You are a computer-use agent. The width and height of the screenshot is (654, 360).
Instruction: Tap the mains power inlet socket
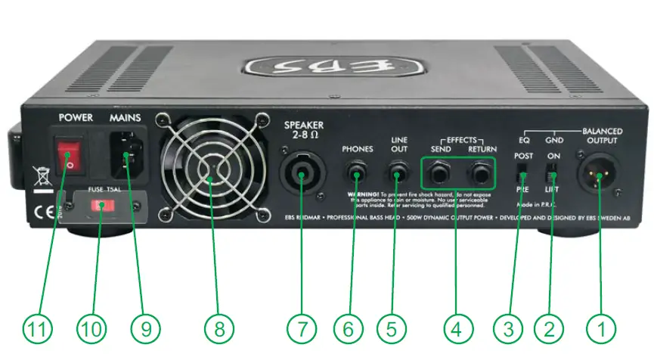[126, 156]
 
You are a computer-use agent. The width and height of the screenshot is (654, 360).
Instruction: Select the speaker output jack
[301, 179]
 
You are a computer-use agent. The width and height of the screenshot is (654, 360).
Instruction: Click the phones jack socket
[356, 176]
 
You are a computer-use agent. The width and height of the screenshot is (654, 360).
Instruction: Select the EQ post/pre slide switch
[521, 172]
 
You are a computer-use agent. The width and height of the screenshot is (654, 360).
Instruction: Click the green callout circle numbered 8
[219, 329]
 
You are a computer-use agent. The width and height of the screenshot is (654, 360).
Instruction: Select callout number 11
[36, 329]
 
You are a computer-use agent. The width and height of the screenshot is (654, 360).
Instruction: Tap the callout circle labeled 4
[458, 329]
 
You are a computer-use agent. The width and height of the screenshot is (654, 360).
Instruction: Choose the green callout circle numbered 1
[602, 329]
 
